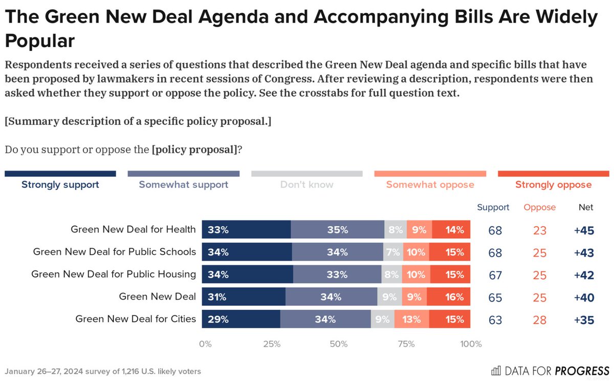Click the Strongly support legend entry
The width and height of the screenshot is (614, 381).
tap(60, 185)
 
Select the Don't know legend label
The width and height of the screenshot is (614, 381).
tap(306, 185)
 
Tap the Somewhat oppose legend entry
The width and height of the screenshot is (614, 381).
tap(430, 185)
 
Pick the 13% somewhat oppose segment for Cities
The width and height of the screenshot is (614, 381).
tap(411, 320)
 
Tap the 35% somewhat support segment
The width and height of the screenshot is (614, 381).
tap(337, 230)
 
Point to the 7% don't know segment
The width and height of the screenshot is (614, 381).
tap(393, 252)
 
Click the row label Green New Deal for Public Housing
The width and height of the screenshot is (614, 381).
tap(114, 274)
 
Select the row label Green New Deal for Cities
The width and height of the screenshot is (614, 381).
tap(136, 319)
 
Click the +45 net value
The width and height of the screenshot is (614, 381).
tap(584, 230)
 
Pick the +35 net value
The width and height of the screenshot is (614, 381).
tap(584, 320)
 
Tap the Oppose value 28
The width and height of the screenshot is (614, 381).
tap(539, 320)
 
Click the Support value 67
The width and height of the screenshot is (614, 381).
tap(495, 275)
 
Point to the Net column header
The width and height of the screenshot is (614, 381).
tap(586, 207)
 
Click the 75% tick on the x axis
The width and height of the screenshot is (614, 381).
tap(406, 344)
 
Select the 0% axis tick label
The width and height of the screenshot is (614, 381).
tap(205, 344)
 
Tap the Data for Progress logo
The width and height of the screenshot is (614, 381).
tap(551, 370)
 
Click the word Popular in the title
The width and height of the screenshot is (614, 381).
tap(40, 41)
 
